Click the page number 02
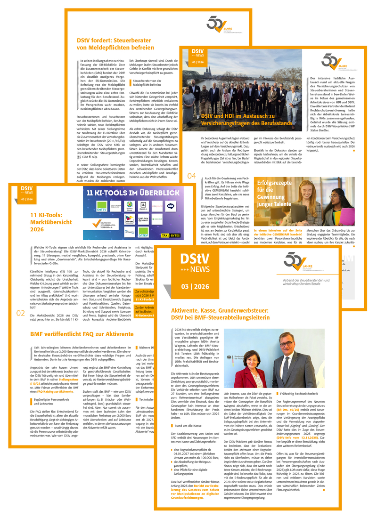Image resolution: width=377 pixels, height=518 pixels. click(21, 313)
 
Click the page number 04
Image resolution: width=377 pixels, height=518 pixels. click(191, 176)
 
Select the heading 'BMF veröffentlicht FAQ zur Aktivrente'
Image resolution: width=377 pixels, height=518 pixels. click(82, 334)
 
